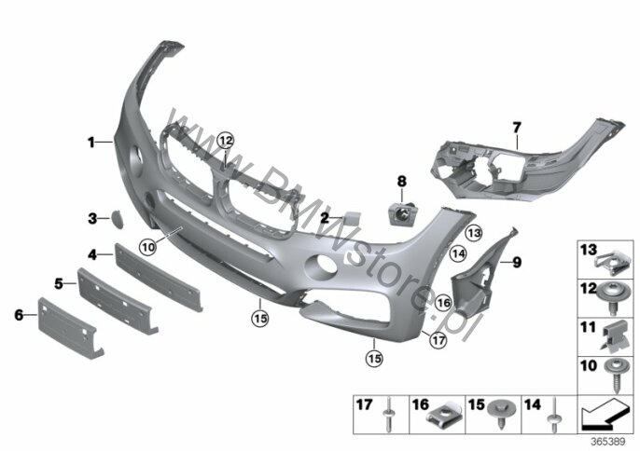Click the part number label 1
pyautogui.click(x=91, y=143)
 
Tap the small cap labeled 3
pyautogui.click(x=117, y=219)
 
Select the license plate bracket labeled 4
pyautogui.click(x=159, y=277)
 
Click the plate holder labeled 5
pyautogui.click(x=118, y=301)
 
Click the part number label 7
pyautogui.click(x=517, y=128)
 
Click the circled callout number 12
pyautogui.click(x=226, y=141)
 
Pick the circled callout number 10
pyautogui.click(x=147, y=247)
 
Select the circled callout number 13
pyautogui.click(x=474, y=233)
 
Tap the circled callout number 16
pyautogui.click(x=443, y=303)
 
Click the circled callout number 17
pyautogui.click(x=438, y=340)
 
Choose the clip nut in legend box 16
pyautogui.click(x=444, y=415)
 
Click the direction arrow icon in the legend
pyautogui.click(x=605, y=415)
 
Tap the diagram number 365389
pyautogui.click(x=608, y=442)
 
